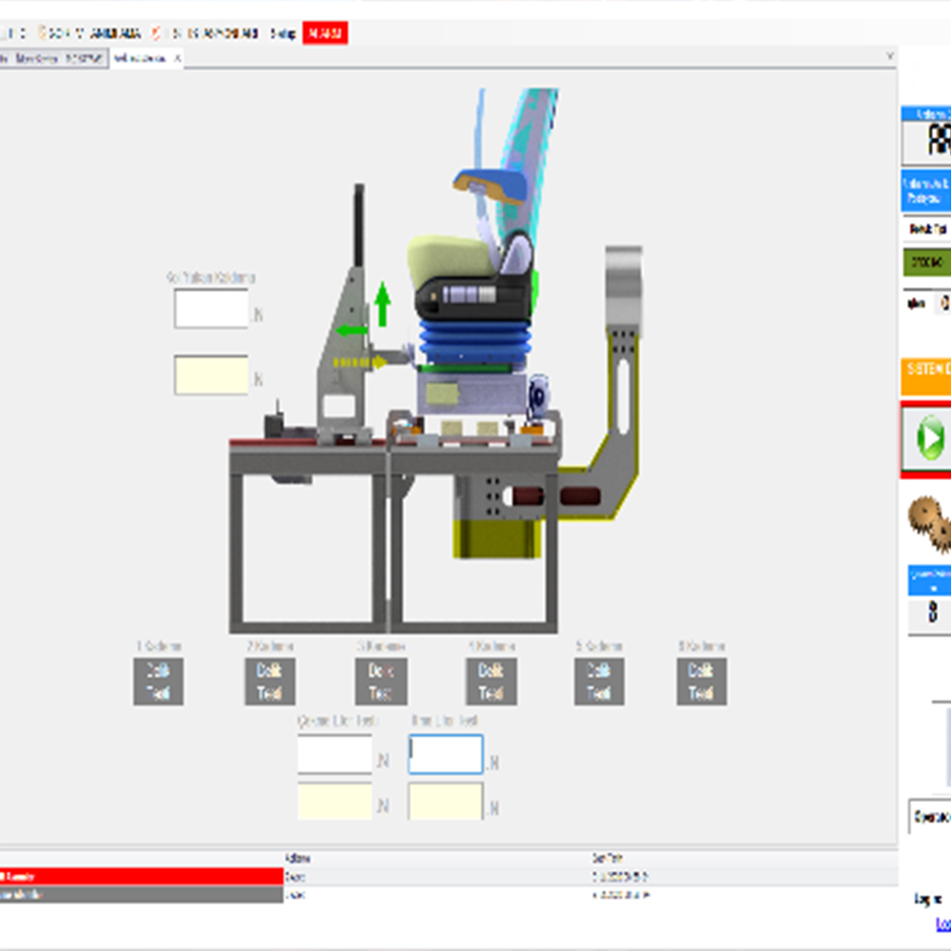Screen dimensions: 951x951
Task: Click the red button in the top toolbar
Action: [x=325, y=33]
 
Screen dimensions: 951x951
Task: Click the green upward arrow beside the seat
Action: [x=381, y=305]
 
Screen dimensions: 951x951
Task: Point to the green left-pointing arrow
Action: [x=350, y=331]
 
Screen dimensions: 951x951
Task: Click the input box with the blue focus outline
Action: [x=446, y=755]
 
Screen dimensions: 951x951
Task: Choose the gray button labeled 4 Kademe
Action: [x=490, y=682]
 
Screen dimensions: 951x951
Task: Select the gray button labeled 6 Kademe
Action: [x=701, y=682]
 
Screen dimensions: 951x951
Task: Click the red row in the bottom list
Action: [x=141, y=876]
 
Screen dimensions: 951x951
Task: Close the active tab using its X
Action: [x=177, y=58]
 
